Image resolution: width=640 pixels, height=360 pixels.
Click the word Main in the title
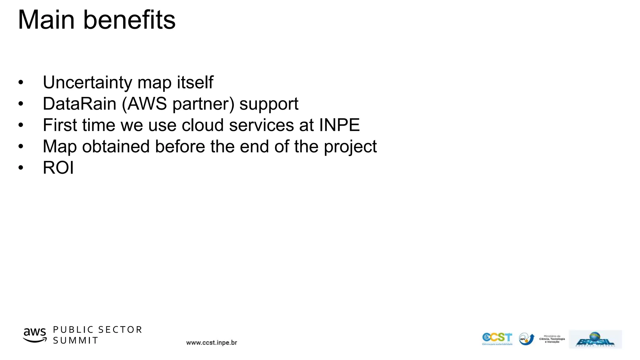click(x=46, y=20)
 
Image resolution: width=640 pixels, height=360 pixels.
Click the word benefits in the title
click(x=129, y=20)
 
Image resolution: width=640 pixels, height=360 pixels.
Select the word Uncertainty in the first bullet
click(x=87, y=82)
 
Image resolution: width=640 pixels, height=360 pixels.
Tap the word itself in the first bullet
click(x=195, y=82)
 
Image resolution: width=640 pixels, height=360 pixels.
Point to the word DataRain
click(x=79, y=104)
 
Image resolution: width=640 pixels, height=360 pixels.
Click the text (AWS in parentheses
click(x=144, y=104)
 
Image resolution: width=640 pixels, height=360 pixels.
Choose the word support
click(x=269, y=104)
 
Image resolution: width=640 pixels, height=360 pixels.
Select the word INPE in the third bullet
click(x=339, y=125)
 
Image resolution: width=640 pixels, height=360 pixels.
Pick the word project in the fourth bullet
click(x=350, y=147)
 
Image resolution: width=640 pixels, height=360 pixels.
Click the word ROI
click(x=58, y=168)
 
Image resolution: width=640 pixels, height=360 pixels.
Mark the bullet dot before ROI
click(x=21, y=168)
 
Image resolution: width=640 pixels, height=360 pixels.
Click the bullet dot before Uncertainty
click(x=21, y=83)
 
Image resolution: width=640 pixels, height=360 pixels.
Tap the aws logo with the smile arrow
click(x=35, y=335)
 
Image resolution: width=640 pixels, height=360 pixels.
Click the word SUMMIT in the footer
click(x=76, y=341)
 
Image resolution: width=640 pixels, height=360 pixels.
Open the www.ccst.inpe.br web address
click(x=212, y=343)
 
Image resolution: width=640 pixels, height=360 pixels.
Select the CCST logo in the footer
click(x=497, y=338)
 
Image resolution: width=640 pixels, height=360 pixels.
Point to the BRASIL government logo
click(x=595, y=339)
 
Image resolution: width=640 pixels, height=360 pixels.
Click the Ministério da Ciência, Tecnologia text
click(x=552, y=339)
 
